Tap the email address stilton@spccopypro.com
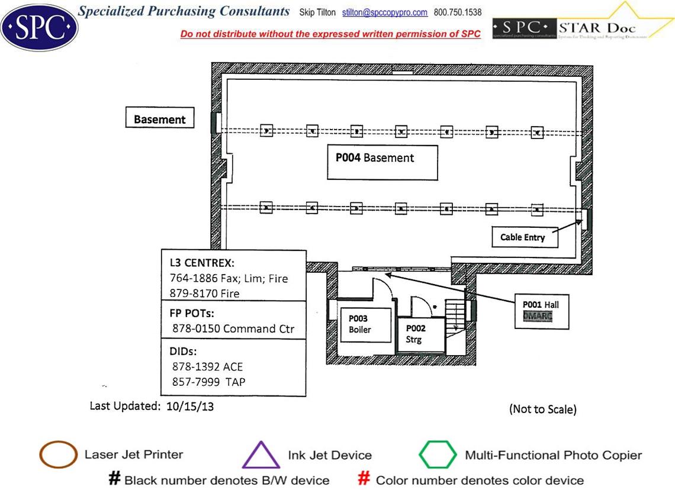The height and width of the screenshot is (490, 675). coord(385,12)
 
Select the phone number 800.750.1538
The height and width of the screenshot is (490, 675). coord(458,12)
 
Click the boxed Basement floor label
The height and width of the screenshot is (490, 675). coord(159,119)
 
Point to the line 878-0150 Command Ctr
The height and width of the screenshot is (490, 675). coord(233,328)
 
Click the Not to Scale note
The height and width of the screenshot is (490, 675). coord(542,409)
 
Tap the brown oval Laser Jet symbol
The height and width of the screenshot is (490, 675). coord(57,455)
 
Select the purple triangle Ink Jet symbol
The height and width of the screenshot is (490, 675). coord(261,455)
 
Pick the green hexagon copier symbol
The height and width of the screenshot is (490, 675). coord(438,454)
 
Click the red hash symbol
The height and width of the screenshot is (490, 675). coord(365,479)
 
